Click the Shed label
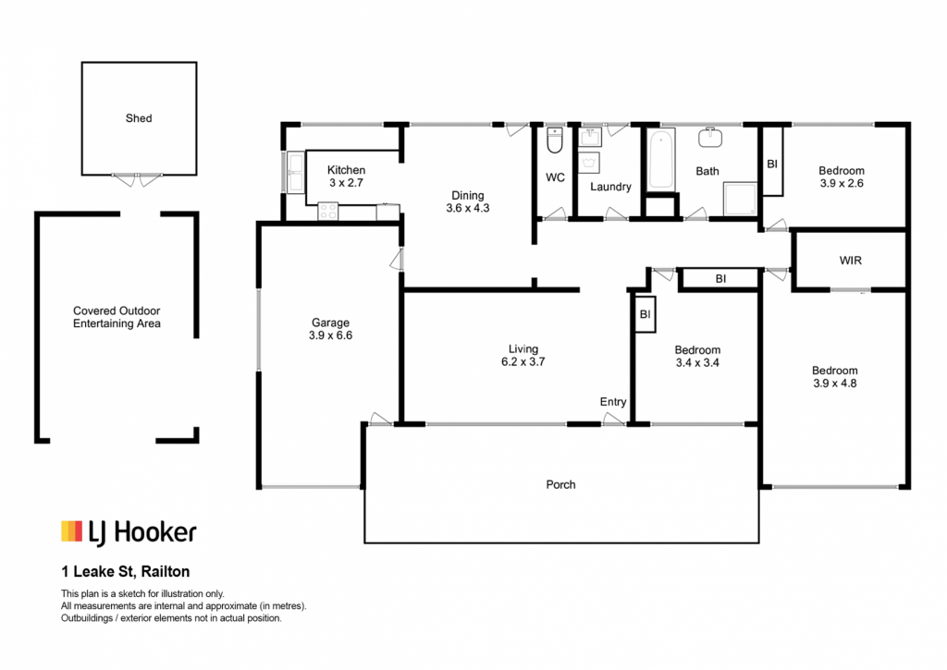[x=139, y=118]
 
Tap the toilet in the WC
[x=555, y=140]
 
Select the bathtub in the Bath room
[x=660, y=159]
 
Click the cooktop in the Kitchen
[x=328, y=212]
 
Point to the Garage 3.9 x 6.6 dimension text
[x=330, y=335]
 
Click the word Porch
[x=560, y=484]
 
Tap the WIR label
[x=851, y=261]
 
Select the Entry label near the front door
[x=612, y=402]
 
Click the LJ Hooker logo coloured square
[x=71, y=530]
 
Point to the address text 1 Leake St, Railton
[x=126, y=572]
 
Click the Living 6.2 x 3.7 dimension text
[x=523, y=362]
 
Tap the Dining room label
[x=467, y=196]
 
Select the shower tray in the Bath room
[x=740, y=199]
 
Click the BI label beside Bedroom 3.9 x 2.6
[x=772, y=164]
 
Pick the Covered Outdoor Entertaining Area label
[x=117, y=318]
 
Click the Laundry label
[x=610, y=187]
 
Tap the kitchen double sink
[x=296, y=172]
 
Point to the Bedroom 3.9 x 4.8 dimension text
[x=835, y=384]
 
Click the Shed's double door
[x=137, y=179]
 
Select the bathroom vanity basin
[x=710, y=138]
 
